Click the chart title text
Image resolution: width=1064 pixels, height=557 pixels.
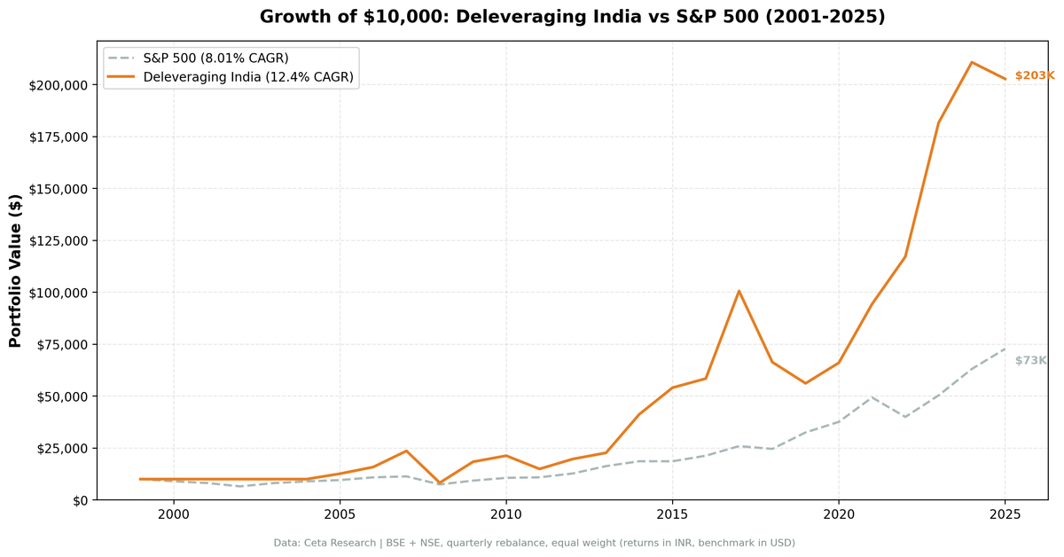[x=572, y=17]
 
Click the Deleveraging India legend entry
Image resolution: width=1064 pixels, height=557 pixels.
[x=248, y=77]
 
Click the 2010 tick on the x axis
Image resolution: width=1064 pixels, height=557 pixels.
[x=505, y=514]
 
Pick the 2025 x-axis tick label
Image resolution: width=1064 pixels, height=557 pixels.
[x=1005, y=514]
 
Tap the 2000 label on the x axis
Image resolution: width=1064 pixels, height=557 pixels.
[x=174, y=514]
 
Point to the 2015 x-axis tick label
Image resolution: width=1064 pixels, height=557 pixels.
[x=672, y=514]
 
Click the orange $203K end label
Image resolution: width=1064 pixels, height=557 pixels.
[x=1034, y=76]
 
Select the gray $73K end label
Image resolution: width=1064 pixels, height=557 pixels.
[x=1030, y=360]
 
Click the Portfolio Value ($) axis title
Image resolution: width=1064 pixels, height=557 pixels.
[x=15, y=271]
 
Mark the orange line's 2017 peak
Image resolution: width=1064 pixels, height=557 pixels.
[x=739, y=291]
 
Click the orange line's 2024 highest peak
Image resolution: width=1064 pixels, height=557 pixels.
[x=972, y=62]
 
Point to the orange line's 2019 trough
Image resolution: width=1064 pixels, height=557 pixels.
[x=805, y=383]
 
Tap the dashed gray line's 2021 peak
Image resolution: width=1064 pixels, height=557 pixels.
[x=872, y=396]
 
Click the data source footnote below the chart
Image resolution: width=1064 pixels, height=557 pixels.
[x=534, y=543]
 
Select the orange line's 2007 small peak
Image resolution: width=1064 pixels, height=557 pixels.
[x=406, y=451]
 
